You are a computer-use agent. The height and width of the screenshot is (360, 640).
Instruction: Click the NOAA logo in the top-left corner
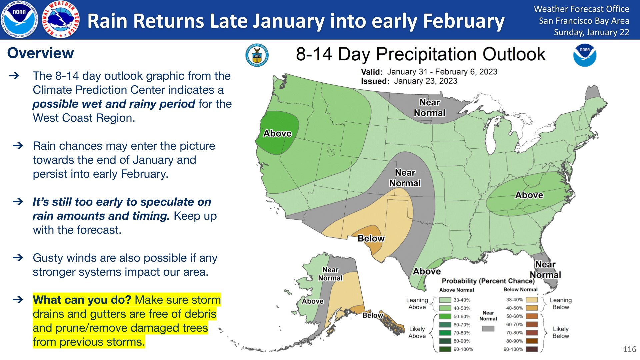point(19,19)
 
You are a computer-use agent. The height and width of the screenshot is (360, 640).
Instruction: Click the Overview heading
point(41,53)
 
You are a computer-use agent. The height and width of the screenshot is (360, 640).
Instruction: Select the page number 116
point(629,349)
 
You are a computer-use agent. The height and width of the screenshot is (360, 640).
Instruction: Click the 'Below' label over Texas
point(371,238)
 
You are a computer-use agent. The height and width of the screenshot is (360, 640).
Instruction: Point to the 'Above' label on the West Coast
point(277,133)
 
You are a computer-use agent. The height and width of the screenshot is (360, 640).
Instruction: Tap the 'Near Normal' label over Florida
point(545,270)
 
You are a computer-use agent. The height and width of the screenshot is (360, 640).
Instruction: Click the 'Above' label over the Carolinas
point(529,195)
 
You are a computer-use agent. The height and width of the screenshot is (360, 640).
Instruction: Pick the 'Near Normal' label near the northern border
point(429,108)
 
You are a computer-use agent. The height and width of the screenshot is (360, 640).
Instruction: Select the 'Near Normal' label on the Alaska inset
point(330,274)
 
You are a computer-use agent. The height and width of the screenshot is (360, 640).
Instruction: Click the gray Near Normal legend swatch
point(488,329)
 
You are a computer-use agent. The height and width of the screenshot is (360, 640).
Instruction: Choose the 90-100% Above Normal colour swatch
point(445,349)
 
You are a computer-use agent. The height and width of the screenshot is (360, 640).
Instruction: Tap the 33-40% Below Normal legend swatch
point(532,300)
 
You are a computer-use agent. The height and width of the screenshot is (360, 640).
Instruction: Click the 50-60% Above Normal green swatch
point(445,316)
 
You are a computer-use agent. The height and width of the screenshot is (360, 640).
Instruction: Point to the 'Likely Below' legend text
point(561,332)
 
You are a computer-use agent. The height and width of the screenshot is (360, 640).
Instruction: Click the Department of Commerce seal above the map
point(257,55)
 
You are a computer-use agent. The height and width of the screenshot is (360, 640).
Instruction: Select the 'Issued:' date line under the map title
point(409,81)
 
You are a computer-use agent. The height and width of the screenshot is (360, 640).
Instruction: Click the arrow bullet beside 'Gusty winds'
point(18,258)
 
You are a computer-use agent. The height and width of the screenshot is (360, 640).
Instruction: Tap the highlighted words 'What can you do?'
point(82,300)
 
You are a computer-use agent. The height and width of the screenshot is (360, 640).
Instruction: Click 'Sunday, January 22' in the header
point(591,32)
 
